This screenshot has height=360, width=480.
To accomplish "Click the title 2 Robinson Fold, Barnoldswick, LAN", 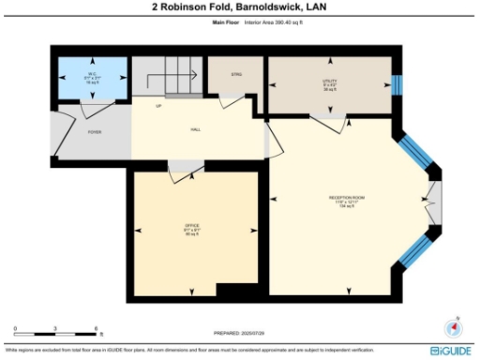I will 239,7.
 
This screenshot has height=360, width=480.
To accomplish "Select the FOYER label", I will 95,132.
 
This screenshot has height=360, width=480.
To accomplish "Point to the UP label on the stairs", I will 158,107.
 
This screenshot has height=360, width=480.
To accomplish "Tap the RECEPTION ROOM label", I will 346,199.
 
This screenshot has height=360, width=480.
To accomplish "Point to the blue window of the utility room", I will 397,85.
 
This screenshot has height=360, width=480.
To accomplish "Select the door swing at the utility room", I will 328,119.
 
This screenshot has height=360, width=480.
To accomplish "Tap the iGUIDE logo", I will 450,350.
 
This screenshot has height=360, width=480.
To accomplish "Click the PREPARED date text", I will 239,334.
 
